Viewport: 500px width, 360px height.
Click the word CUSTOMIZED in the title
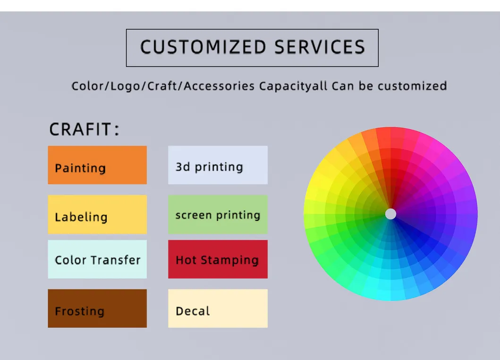(x=203, y=47)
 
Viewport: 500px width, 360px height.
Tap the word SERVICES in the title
(x=320, y=47)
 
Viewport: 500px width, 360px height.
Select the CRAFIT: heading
(x=84, y=129)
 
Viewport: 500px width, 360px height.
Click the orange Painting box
(x=97, y=165)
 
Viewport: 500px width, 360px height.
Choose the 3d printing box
(x=218, y=165)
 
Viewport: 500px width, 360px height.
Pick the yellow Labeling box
(x=97, y=214)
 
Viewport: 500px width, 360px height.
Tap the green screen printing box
(x=218, y=214)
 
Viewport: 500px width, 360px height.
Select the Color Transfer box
(x=97, y=260)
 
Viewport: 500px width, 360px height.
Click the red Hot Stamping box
(x=218, y=260)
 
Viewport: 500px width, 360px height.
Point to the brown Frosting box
(x=97, y=309)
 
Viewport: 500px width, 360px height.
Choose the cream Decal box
(x=218, y=309)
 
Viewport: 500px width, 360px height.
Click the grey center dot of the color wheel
(x=390, y=214)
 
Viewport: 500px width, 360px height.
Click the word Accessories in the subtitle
(x=219, y=86)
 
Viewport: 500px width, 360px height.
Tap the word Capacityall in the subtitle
(x=293, y=86)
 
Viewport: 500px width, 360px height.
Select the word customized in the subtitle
(x=412, y=86)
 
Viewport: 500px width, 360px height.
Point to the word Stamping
(x=229, y=260)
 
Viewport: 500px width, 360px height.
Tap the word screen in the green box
(x=194, y=215)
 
